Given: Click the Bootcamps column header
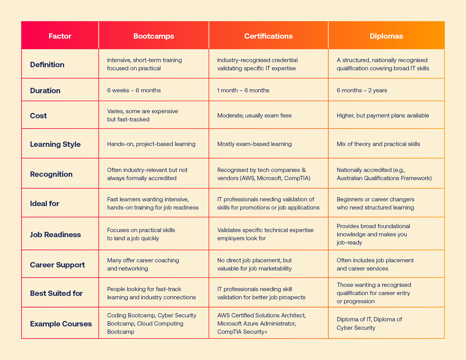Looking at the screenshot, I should pyautogui.click(x=154, y=36).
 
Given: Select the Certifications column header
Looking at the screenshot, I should pyautogui.click(x=268, y=36).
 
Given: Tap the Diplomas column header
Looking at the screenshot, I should pyautogui.click(x=386, y=36).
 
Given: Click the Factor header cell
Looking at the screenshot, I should pyautogui.click(x=60, y=36).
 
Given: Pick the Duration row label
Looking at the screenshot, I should pyautogui.click(x=45, y=91).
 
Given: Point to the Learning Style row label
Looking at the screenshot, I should pyautogui.click(x=55, y=144).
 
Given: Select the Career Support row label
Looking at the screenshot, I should pyautogui.click(x=57, y=265).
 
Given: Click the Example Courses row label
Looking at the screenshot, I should pyautogui.click(x=61, y=324).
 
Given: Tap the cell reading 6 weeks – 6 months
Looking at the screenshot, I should pyautogui.click(x=134, y=90).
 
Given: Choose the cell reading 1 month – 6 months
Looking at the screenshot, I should pyautogui.click(x=243, y=90).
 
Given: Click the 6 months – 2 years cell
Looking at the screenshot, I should pyautogui.click(x=362, y=90).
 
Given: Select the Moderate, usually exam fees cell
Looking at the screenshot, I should pyautogui.click(x=254, y=115).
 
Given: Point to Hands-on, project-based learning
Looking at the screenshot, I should pyautogui.click(x=151, y=144).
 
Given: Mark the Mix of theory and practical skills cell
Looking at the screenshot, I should pyautogui.click(x=378, y=144).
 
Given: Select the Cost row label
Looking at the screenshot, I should pyautogui.click(x=38, y=116).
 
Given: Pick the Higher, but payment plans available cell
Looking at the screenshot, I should pyautogui.click(x=383, y=115).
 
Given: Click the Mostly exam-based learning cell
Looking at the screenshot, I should pyautogui.click(x=254, y=144).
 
